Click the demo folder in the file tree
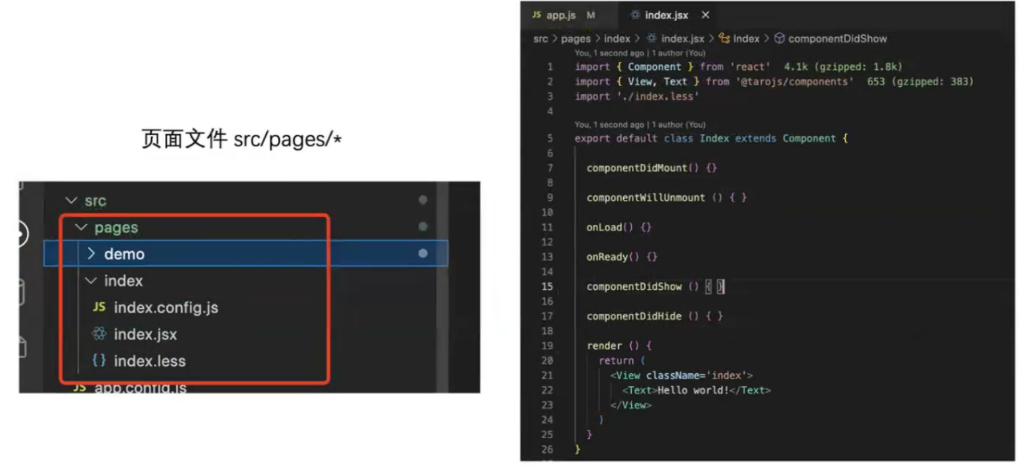[124, 254]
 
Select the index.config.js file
[166, 308]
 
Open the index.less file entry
[150, 361]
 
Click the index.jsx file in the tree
[145, 334]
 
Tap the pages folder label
[116, 227]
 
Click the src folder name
[95, 201]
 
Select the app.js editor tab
[560, 15]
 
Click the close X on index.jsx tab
[705, 15]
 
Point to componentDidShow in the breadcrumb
[837, 38]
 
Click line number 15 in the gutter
[547, 286]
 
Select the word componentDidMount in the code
[637, 168]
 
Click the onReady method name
[607, 257]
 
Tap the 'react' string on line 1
[750, 67]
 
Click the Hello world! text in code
[692, 390]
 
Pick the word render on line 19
[604, 346]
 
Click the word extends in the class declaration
[755, 138]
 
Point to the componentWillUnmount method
[645, 198]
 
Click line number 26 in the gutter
[547, 449]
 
